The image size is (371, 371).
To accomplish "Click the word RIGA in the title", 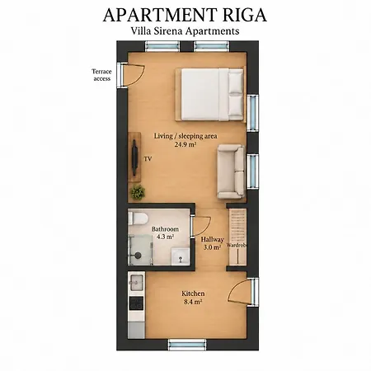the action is pyautogui.click(x=245, y=15).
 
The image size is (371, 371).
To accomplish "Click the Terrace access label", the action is pyautogui.click(x=101, y=75).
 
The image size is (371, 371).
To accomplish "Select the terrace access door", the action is pyautogui.click(x=130, y=75).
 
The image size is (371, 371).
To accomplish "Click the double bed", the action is pyautogui.click(x=210, y=94).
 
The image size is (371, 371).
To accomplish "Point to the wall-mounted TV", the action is pyautogui.click(x=134, y=157).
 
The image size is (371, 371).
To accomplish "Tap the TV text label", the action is pyautogui.click(x=148, y=159).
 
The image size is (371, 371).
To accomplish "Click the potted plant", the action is pyautogui.click(x=138, y=192).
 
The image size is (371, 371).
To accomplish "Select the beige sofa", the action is pyautogui.click(x=231, y=171).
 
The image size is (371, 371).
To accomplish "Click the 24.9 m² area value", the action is pyautogui.click(x=185, y=144).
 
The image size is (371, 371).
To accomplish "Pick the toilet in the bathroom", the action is pyautogui.click(x=138, y=218).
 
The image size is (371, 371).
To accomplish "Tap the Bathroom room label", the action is pyautogui.click(x=165, y=229).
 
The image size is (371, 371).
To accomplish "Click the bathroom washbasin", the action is pyautogui.click(x=181, y=256).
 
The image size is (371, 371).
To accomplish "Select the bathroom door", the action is pyautogui.click(x=200, y=226).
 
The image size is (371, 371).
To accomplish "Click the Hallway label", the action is pyautogui.click(x=212, y=240).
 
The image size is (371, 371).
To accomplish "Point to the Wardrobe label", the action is pyautogui.click(x=237, y=246).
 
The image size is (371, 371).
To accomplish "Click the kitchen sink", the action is pyautogui.click(x=136, y=282).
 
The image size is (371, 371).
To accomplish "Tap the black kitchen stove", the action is pyautogui.click(x=136, y=303).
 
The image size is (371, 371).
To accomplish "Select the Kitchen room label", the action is pyautogui.click(x=193, y=294).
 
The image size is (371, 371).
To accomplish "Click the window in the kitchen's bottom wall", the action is pyautogui.click(x=187, y=345).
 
